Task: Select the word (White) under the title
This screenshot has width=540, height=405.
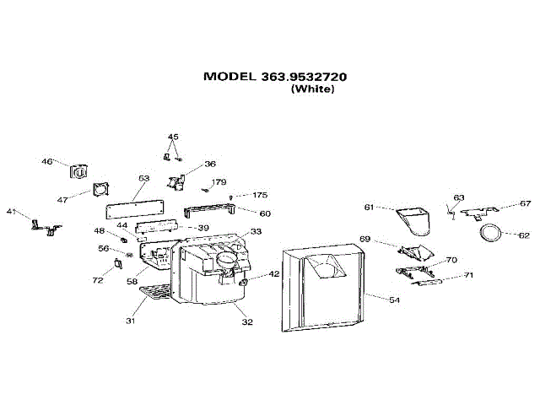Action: (312, 89)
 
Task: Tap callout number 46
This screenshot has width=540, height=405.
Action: (47, 161)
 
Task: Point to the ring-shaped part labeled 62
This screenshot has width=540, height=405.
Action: (490, 232)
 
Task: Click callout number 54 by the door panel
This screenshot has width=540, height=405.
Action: (394, 299)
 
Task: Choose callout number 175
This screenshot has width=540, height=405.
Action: (260, 196)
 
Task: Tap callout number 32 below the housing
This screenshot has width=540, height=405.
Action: (248, 321)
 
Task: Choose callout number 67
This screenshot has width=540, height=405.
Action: (526, 203)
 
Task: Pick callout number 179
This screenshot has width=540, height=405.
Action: (219, 182)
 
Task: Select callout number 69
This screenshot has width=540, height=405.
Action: (365, 240)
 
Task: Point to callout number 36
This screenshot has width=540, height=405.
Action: (210, 164)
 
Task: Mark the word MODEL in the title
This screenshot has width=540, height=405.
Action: (229, 76)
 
